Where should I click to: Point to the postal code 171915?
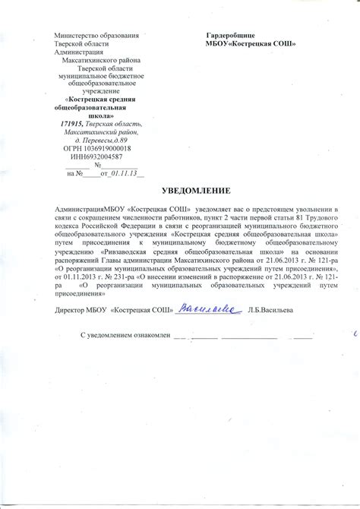point(71,124)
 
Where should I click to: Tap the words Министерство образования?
point(95,36)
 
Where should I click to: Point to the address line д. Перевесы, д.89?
point(95,141)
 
